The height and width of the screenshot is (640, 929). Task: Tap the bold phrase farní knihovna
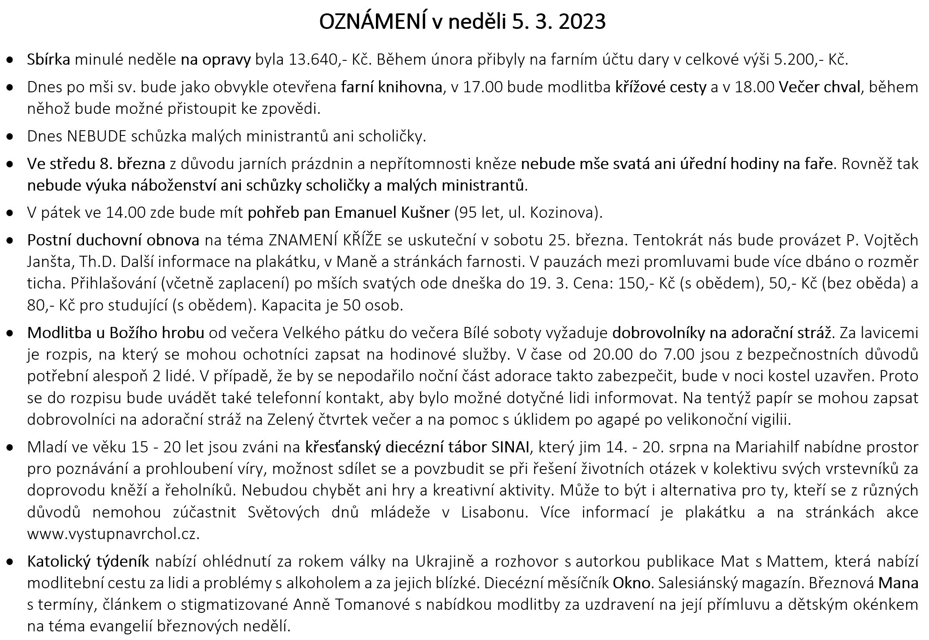click(392, 87)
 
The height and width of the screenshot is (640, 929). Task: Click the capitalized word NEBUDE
click(97, 136)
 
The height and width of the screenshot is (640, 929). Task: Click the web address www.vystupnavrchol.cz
click(113, 534)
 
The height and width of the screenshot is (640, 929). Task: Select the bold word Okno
click(632, 583)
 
